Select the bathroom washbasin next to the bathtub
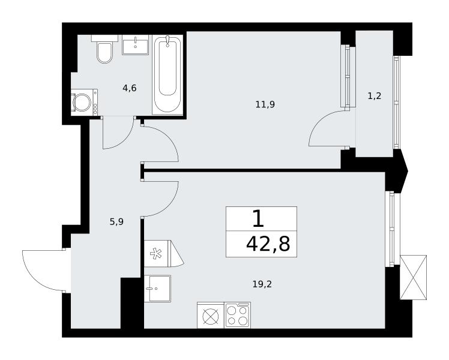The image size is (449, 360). (136, 44)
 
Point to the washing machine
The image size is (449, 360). (84, 102)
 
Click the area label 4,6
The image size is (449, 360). (130, 88)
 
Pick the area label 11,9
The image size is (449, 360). (265, 104)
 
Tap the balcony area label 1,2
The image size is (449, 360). (374, 96)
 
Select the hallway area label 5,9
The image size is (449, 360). (116, 222)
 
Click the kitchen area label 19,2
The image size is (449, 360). (262, 284)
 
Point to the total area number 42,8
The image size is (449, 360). (268, 244)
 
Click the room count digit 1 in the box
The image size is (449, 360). (258, 218)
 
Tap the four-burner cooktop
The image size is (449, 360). (237, 315)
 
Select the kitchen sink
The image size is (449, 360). (157, 289)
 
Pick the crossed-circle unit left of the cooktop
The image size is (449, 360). (211, 315)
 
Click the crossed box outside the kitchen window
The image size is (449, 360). (413, 278)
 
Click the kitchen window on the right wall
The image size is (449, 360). (390, 229)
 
